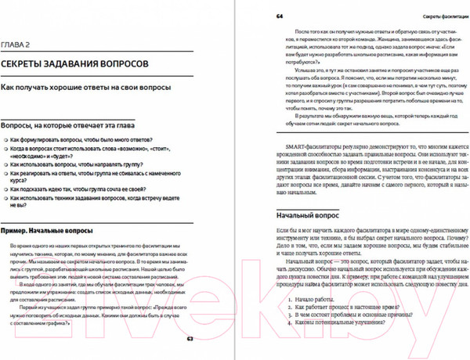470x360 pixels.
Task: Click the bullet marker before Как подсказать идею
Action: click(x=5, y=189)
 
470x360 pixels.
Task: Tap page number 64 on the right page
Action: click(x=280, y=16)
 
